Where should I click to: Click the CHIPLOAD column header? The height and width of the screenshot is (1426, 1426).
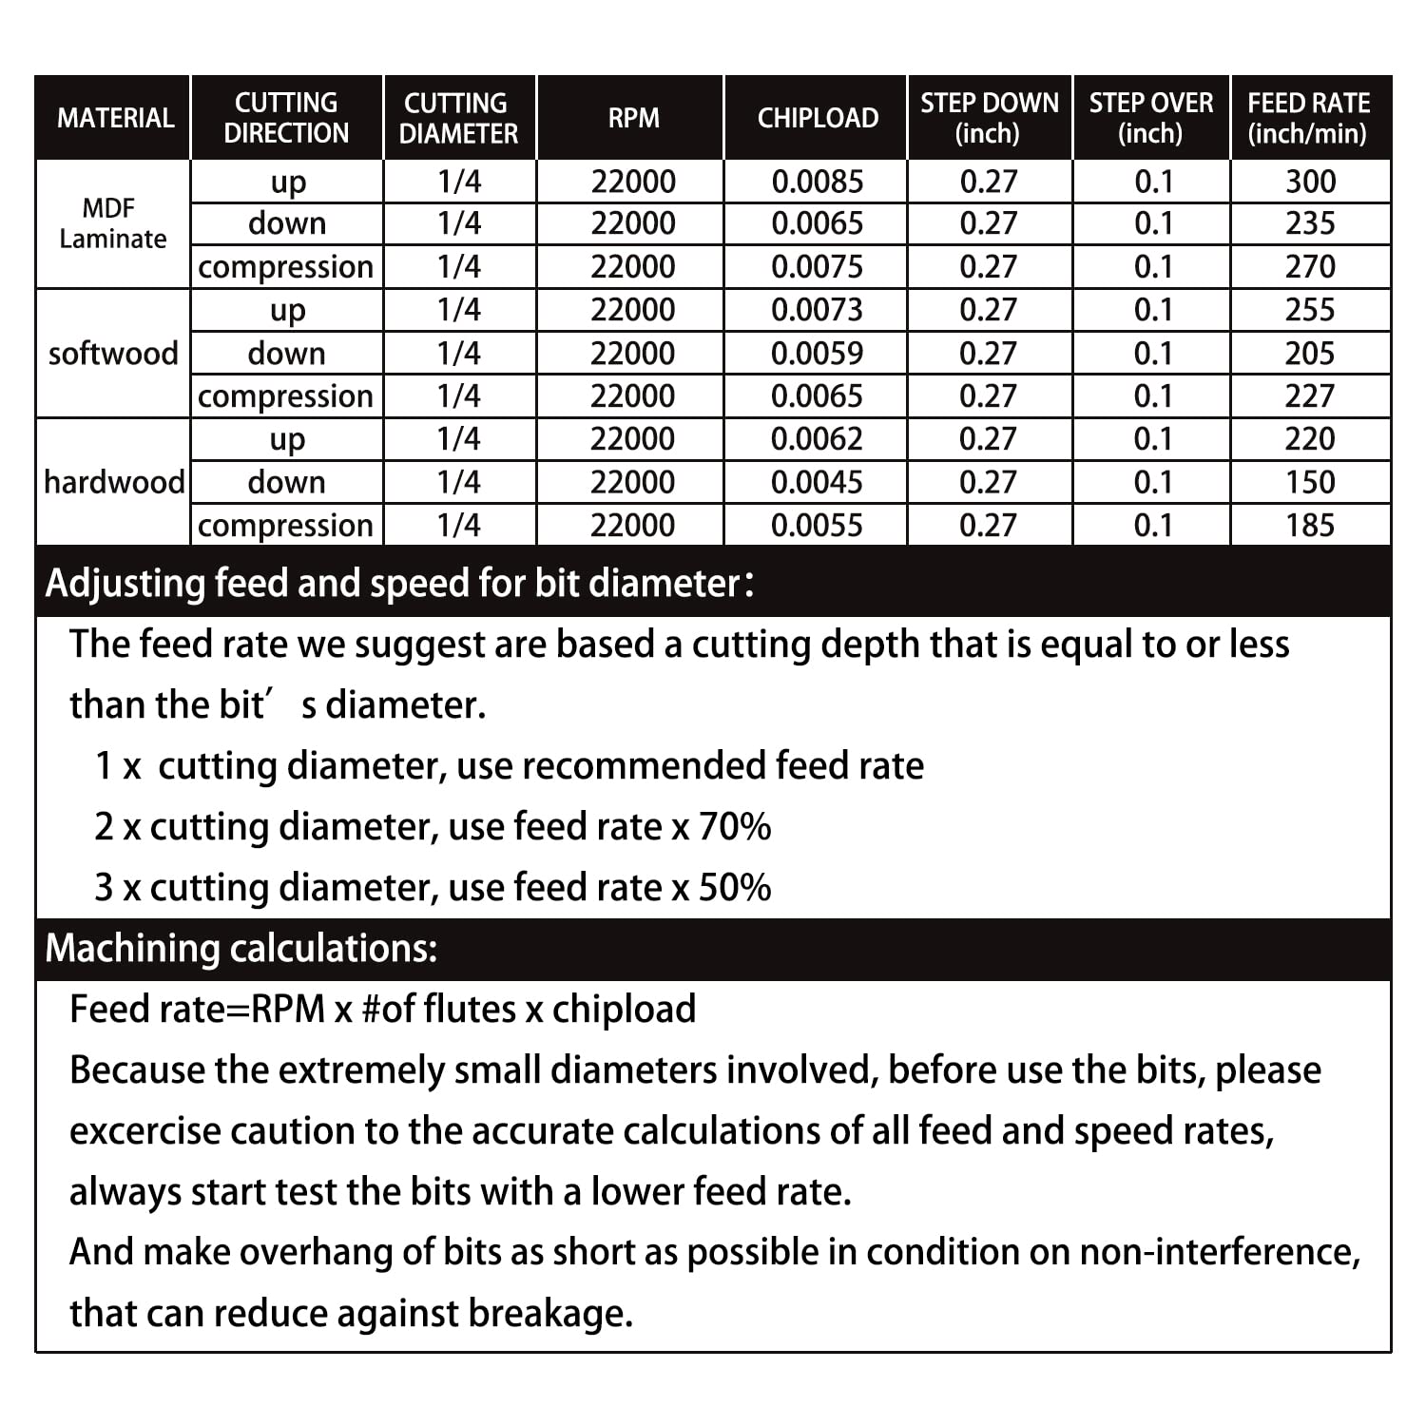[x=818, y=118]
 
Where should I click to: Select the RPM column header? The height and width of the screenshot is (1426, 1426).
[x=633, y=118]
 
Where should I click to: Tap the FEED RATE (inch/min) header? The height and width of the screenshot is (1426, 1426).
[x=1308, y=118]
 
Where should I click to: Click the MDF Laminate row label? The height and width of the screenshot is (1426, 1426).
[x=112, y=223]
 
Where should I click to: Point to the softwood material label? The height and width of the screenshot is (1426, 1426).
[x=113, y=354]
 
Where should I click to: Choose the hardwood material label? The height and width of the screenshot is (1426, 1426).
[x=114, y=483]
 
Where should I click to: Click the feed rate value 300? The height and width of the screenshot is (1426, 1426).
[x=1310, y=182]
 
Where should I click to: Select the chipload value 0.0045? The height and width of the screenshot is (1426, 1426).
[x=817, y=483]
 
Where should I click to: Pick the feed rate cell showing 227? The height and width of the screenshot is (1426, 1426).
[x=1309, y=396]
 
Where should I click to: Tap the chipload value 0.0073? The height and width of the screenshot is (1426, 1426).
[x=817, y=310]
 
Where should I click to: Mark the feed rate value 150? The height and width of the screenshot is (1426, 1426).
[x=1309, y=483]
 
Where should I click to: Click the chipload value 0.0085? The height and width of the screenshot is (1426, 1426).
[x=818, y=182]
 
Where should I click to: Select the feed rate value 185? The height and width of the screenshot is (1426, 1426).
[x=1309, y=526]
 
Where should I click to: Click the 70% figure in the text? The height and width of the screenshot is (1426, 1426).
[x=734, y=827]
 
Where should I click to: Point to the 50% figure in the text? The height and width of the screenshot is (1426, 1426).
[x=734, y=888]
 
